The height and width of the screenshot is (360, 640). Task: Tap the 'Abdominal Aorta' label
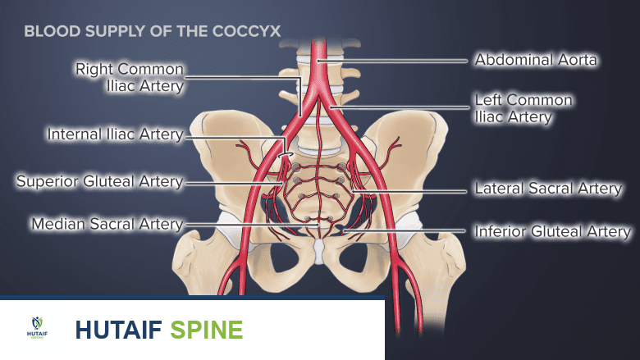pyautogui.click(x=537, y=60)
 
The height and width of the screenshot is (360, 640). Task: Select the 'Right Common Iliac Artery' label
pyautogui.click(x=130, y=76)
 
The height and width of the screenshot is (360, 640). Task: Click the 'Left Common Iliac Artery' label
pyautogui.click(x=523, y=108)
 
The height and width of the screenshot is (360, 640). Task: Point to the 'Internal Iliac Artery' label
pyautogui.click(x=115, y=134)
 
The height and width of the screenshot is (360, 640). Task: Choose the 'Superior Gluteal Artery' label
pyautogui.click(x=99, y=181)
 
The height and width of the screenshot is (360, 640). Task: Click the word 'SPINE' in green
pyautogui.click(x=206, y=330)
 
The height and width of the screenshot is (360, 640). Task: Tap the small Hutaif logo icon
pyautogui.click(x=37, y=328)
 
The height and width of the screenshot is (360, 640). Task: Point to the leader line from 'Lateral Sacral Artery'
pyautogui.click(x=410, y=189)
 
